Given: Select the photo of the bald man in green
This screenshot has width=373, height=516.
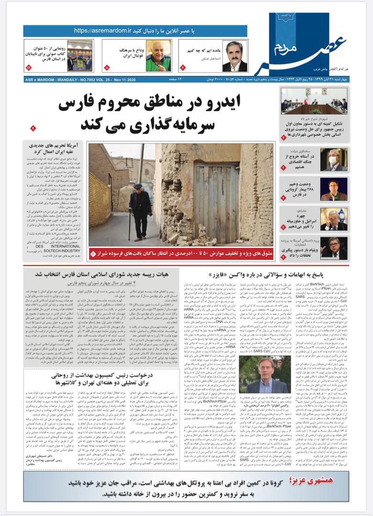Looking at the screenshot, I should click(x=158, y=56).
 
